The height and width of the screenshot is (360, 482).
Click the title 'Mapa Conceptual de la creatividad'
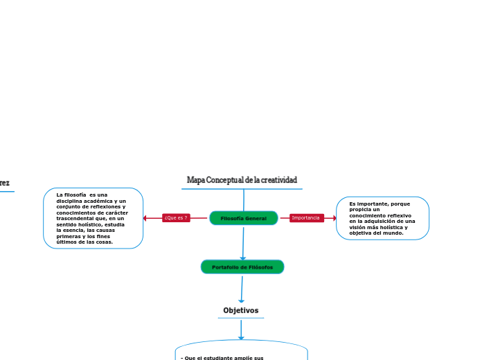tap(242, 180)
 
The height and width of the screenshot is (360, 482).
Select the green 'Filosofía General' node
tap(243, 218)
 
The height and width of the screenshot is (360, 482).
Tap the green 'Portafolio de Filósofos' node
tap(242, 267)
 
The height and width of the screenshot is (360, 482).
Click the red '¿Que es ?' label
tap(176, 218)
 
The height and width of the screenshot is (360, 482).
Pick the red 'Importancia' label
tap(306, 218)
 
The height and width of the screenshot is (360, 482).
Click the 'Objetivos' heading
tap(241, 310)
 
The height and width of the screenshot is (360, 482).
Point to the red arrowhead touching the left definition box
tap(145, 218)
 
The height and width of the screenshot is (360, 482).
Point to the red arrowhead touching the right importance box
tap(334, 218)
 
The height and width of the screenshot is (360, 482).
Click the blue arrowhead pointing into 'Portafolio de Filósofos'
tap(243, 257)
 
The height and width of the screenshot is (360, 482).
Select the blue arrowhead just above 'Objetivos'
tap(241, 300)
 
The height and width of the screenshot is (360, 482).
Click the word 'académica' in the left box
tap(96, 201)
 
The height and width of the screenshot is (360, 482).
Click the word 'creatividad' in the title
tap(279, 180)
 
